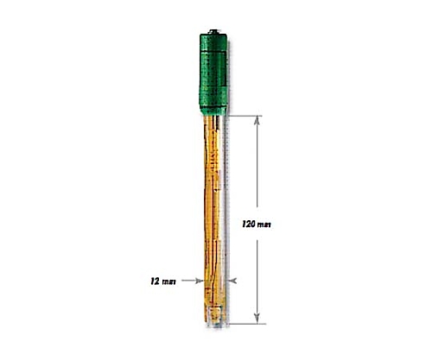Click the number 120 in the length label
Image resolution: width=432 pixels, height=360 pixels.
249,224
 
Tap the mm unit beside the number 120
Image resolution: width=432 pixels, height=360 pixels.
264,224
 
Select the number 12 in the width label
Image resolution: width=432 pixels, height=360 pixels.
155,281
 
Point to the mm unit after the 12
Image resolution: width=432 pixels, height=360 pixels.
168,281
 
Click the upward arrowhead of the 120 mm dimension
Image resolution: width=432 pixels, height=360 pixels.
257,121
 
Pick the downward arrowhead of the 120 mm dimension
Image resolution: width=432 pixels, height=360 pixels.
257,319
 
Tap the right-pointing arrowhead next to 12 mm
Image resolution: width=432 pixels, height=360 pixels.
200,281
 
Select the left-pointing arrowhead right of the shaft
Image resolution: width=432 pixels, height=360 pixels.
232,281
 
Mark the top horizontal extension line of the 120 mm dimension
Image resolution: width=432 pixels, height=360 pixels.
245,116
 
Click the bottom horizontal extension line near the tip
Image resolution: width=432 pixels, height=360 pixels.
247,324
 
